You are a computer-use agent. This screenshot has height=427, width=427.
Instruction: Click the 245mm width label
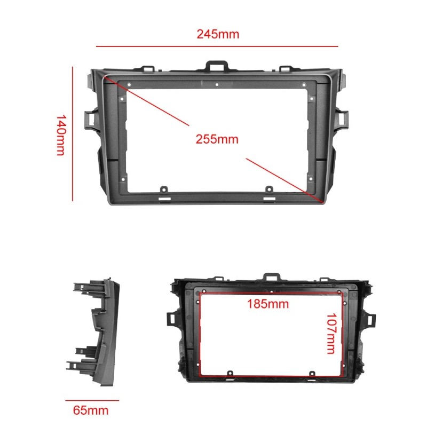[217, 34]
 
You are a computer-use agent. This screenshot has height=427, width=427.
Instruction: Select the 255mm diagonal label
[217, 139]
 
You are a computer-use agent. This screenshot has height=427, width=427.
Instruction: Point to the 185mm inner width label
[267, 304]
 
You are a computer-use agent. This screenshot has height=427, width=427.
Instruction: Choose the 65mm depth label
[91, 410]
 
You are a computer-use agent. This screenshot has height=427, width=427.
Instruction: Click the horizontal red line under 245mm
[217, 46]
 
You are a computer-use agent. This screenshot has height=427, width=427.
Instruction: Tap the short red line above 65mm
[92, 400]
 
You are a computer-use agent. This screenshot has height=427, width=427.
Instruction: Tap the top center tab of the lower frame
[271, 278]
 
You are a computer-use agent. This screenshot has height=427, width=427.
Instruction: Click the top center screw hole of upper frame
[217, 84]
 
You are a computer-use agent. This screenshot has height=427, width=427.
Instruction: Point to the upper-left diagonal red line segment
[147, 101]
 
